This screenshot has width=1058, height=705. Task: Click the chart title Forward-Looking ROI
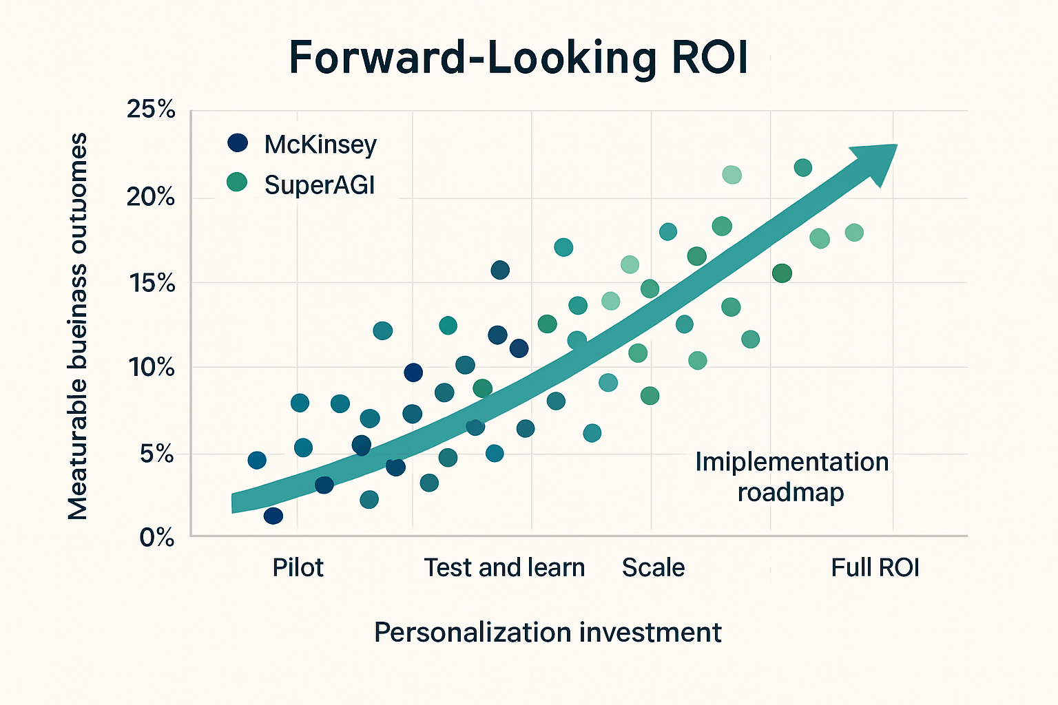[518, 58]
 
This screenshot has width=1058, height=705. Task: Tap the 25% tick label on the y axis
[151, 109]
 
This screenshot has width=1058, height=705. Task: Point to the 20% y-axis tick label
[151, 198]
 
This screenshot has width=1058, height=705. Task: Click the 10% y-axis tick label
[152, 368]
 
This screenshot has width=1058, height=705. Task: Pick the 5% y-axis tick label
[156, 454]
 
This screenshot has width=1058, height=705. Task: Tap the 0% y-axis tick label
[157, 537]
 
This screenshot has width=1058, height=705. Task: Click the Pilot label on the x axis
[298, 568]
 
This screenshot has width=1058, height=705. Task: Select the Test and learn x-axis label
[504, 568]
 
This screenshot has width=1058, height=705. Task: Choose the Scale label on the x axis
[653, 568]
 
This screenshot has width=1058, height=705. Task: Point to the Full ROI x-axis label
[875, 568]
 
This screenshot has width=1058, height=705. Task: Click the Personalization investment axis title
[548, 632]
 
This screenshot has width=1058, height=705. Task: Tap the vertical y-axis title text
[78, 326]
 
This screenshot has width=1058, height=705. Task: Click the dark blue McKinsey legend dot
[238, 143]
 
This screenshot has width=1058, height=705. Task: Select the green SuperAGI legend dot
[237, 182]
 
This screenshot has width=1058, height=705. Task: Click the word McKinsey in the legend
[320, 145]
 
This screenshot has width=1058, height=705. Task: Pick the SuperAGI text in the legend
[320, 185]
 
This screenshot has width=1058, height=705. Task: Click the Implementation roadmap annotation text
[791, 476]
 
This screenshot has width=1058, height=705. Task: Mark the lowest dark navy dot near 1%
[273, 516]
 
